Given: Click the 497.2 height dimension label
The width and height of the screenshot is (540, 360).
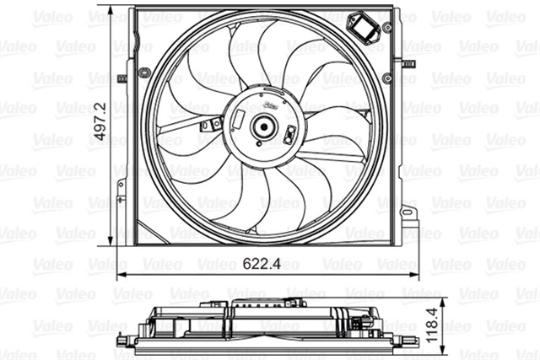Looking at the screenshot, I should tap(100, 126).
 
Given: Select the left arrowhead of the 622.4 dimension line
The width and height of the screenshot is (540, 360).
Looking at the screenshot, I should tap(116, 275).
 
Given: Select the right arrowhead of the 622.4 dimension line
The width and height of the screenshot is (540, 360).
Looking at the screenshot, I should tap(418, 275).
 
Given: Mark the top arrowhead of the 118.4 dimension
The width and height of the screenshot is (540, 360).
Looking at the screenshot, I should tap(440, 304).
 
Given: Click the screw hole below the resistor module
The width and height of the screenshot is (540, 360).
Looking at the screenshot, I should tap(386, 78).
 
